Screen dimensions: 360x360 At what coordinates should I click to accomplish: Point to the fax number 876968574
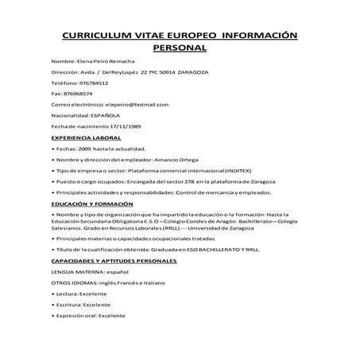(x=77, y=94)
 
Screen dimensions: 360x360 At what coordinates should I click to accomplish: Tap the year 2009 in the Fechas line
(x=83, y=149)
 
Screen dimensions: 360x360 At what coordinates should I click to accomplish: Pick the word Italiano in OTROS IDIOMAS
(x=153, y=283)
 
